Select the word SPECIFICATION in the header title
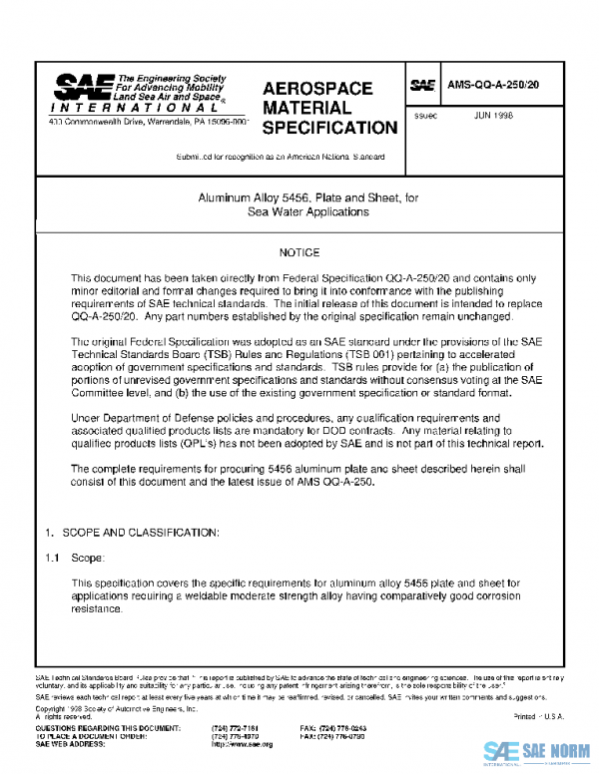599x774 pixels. (x=328, y=128)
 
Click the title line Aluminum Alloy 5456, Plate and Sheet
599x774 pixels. (x=299, y=197)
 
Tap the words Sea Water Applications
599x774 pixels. (x=299, y=211)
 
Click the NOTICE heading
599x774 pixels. (x=299, y=253)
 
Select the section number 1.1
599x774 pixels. (x=53, y=558)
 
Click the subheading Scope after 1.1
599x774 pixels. (x=87, y=558)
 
